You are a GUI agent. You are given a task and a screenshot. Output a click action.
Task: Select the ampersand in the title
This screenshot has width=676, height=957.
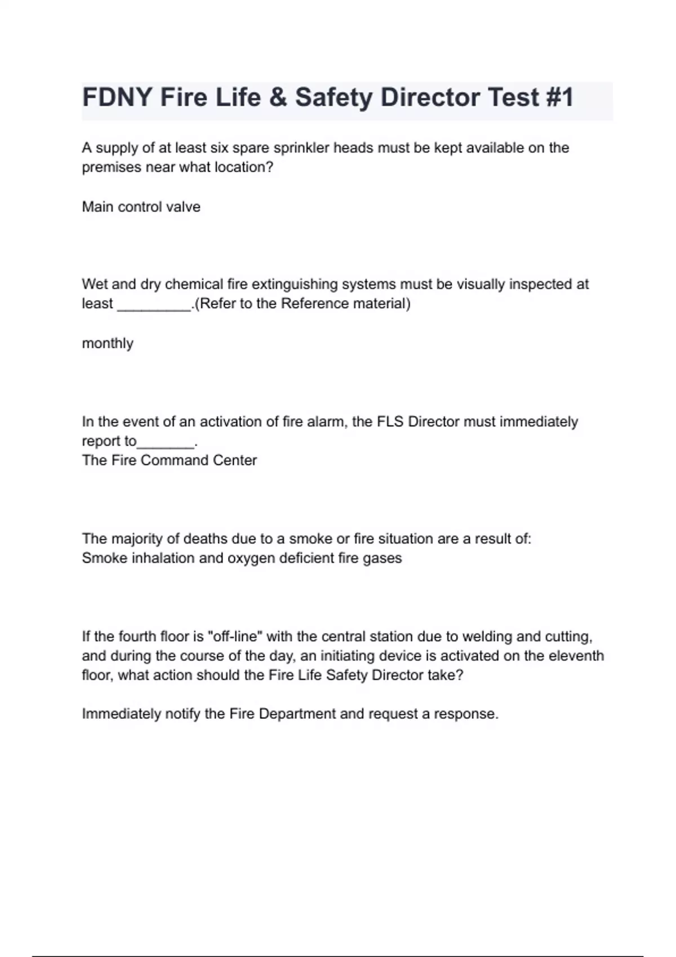click(278, 97)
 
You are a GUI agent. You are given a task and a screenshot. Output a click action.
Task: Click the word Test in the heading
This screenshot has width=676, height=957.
click(512, 97)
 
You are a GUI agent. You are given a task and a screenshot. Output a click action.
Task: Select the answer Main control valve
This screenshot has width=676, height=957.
click(141, 207)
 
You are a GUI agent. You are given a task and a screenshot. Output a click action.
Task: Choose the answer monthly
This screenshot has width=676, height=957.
click(108, 343)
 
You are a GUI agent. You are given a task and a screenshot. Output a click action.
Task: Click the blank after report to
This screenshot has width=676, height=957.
click(166, 444)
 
